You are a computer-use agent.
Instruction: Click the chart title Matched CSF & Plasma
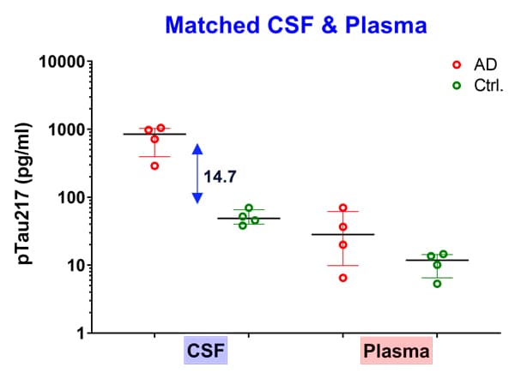(x=295, y=26)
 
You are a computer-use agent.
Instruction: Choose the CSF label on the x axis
(x=206, y=352)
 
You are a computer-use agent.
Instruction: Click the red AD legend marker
(x=457, y=64)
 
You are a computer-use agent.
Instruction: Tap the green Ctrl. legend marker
(x=457, y=86)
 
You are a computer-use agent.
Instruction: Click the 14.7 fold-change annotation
(x=220, y=177)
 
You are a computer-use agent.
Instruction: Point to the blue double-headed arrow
(x=197, y=173)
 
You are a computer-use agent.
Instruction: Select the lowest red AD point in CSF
(x=154, y=165)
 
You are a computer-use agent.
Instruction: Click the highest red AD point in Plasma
(x=342, y=208)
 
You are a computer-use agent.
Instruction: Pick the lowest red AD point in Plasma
(x=342, y=278)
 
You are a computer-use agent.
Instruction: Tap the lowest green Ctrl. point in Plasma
(x=437, y=283)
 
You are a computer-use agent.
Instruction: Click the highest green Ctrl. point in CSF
(x=249, y=208)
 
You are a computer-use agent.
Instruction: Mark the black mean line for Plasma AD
(x=342, y=234)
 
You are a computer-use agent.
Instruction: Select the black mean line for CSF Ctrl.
(x=249, y=219)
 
